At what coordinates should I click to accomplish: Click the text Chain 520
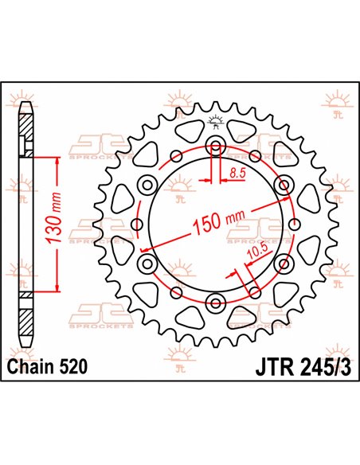pyautogui.click(x=46, y=366)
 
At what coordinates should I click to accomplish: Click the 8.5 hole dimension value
pyautogui.click(x=237, y=171)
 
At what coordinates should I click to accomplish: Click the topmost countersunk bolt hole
pyautogui.click(x=215, y=147)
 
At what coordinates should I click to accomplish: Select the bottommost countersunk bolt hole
pyautogui.click(x=215, y=300)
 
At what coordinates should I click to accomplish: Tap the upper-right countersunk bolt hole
pyautogui.click(x=281, y=185)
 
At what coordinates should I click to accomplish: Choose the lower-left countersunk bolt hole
pyautogui.click(x=148, y=262)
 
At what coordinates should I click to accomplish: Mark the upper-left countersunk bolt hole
pyautogui.click(x=148, y=185)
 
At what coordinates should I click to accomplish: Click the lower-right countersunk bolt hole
pyautogui.click(x=281, y=262)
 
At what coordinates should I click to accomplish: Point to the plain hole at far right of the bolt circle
pyautogui.click(x=294, y=224)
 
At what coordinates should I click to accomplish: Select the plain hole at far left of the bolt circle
pyautogui.click(x=136, y=224)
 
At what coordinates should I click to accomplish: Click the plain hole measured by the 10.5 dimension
pyautogui.click(x=253, y=288)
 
